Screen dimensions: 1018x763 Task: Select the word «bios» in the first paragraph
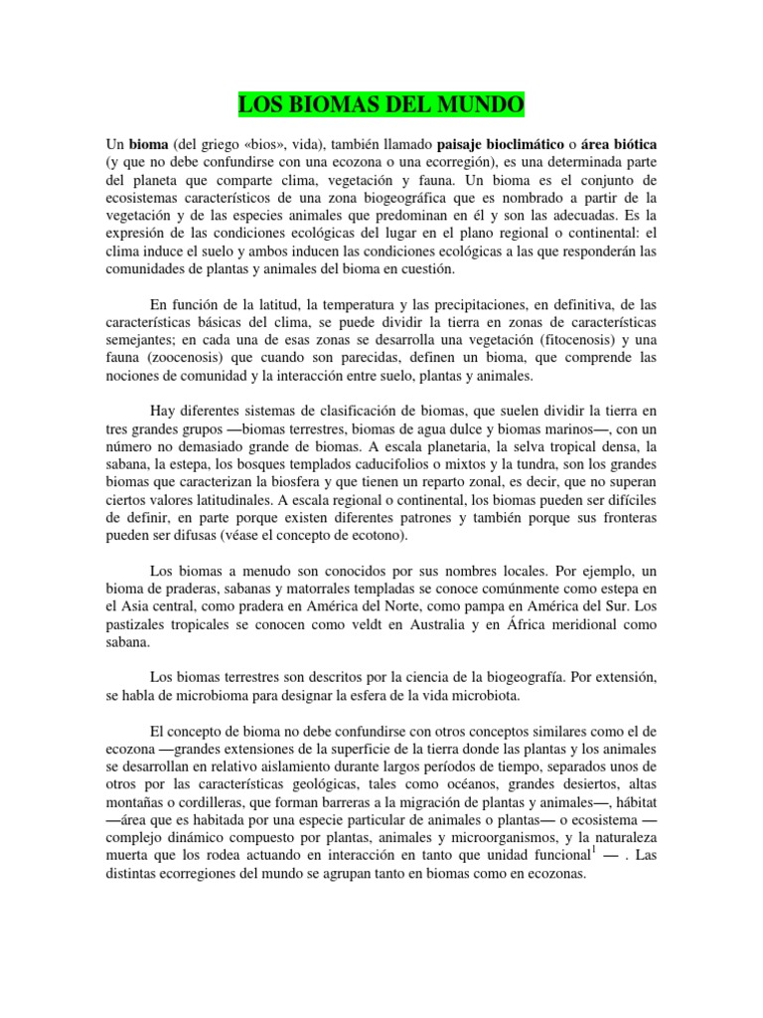point(264,142)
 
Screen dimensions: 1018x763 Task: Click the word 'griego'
point(215,142)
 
